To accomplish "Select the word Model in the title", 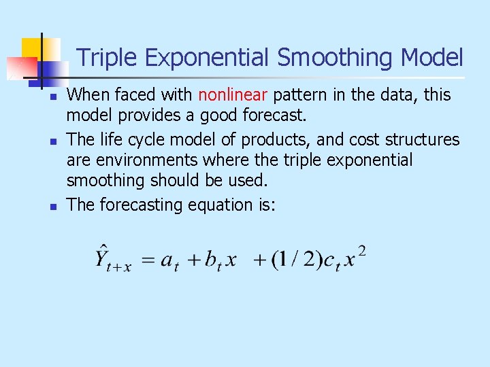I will (x=432, y=58).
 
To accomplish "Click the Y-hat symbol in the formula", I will (x=104, y=258).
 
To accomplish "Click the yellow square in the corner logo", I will (x=34, y=49).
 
